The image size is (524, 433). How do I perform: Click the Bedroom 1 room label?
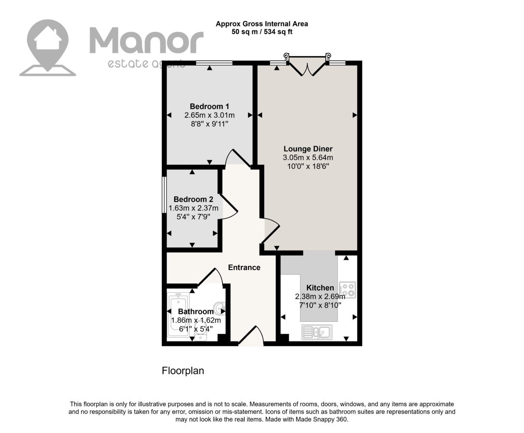209,107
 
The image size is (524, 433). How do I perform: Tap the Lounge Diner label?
308,149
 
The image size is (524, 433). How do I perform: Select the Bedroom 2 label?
193,199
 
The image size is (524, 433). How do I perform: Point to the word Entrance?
244,268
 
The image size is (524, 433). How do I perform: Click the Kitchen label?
320,288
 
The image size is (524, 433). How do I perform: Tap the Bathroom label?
196,312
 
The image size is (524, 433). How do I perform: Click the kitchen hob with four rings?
347,290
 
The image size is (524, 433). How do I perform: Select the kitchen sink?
317,332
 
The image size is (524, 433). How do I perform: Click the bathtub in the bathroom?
178,315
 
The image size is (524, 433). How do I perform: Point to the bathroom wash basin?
220,309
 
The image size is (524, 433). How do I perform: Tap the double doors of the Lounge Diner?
307,66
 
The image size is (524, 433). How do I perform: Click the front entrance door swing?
251,335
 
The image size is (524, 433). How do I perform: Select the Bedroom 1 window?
214,63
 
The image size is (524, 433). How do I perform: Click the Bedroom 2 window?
164,195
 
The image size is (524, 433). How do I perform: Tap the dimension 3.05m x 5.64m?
308,158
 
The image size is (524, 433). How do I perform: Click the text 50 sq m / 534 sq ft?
262,32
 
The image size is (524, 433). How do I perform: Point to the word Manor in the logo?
147,40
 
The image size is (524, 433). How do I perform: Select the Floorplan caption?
183,371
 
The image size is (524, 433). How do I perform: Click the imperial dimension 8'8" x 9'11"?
209,124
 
